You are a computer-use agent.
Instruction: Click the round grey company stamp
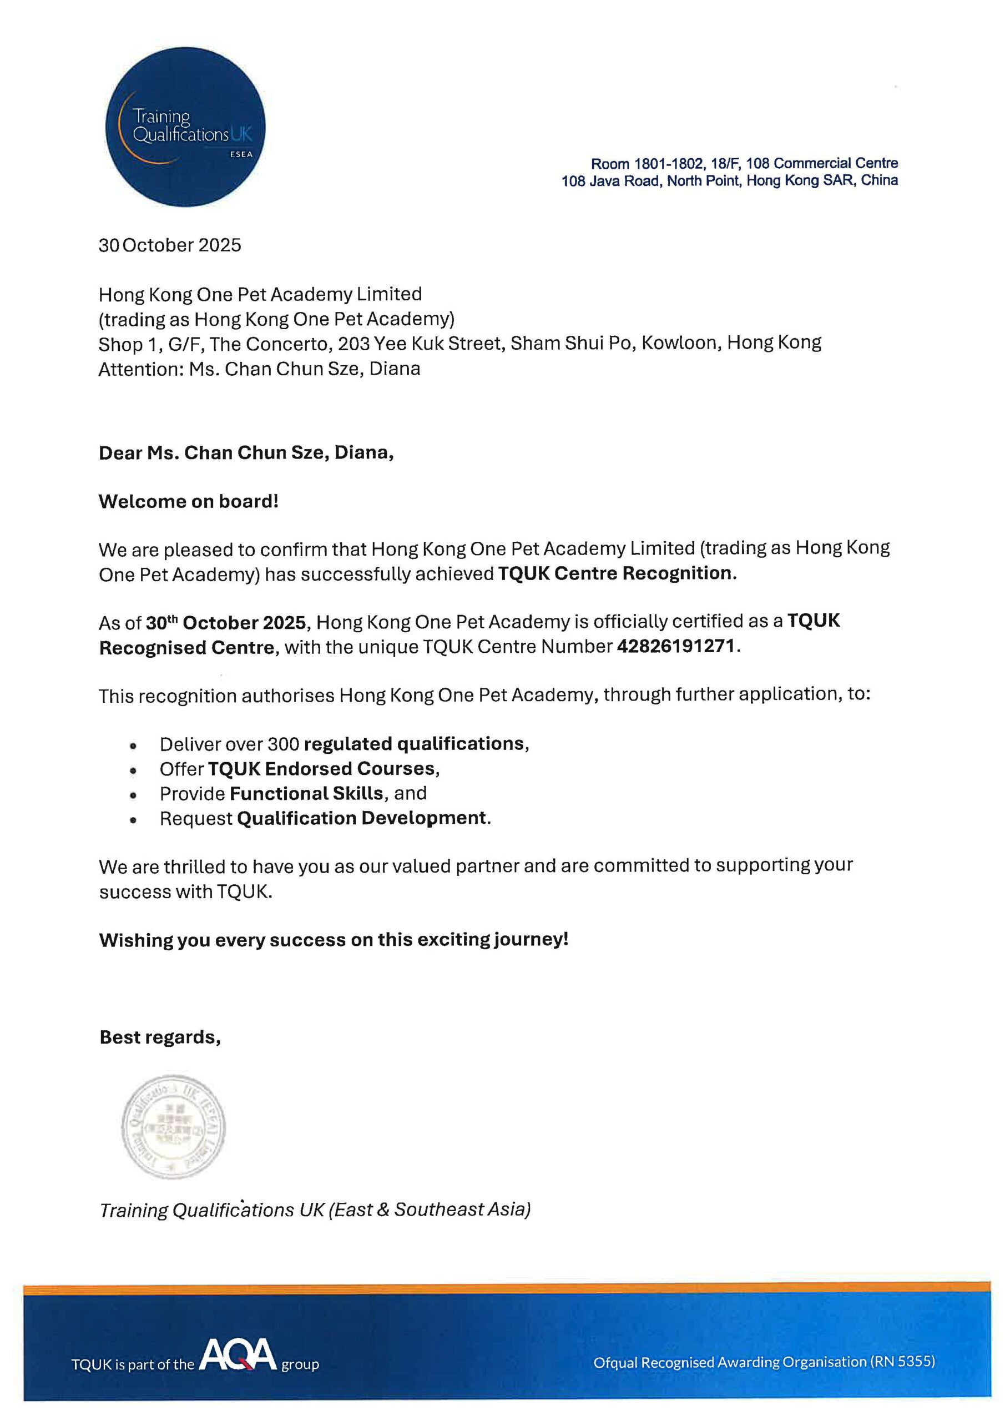pyautogui.click(x=173, y=1126)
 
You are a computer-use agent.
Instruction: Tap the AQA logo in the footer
pyautogui.click(x=238, y=1356)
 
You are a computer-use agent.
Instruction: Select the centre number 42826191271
pyautogui.click(x=676, y=646)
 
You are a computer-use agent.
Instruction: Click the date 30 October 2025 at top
pyautogui.click(x=170, y=245)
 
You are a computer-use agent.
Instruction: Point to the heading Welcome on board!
pyautogui.click(x=189, y=501)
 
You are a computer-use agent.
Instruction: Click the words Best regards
pyautogui.click(x=160, y=1037)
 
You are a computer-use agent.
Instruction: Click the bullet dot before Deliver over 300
pyautogui.click(x=133, y=746)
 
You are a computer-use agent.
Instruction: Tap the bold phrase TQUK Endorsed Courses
pyautogui.click(x=321, y=769)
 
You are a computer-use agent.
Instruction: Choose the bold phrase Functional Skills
pyautogui.click(x=306, y=793)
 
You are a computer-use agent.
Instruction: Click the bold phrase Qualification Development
pyautogui.click(x=362, y=818)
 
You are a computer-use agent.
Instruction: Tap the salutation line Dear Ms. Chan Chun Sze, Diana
pyautogui.click(x=246, y=452)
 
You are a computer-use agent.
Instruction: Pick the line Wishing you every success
pyautogui.click(x=333, y=940)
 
